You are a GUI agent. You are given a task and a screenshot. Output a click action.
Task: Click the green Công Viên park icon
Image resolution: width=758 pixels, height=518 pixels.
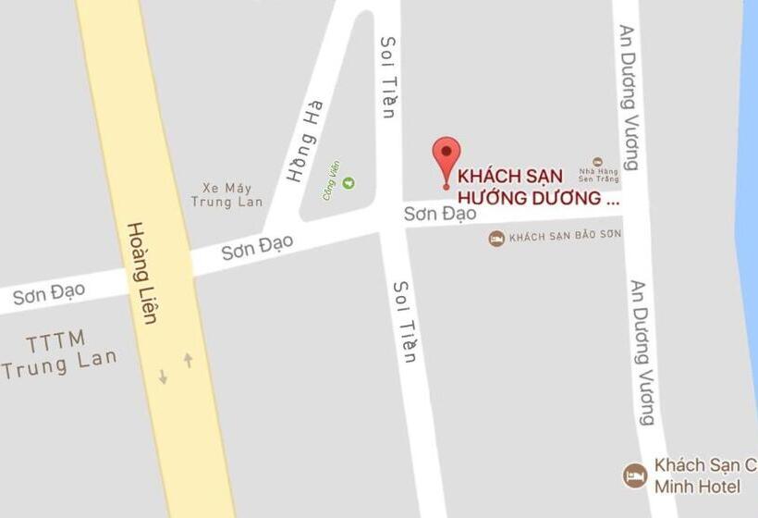(348, 182)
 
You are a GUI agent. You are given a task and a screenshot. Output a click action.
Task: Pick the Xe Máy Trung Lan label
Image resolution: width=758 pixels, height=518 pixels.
(226, 194)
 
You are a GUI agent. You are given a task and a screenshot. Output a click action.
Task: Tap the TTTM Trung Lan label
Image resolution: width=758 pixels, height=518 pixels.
(57, 352)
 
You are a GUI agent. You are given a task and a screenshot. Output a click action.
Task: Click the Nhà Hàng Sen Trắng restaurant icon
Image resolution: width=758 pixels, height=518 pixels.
(597, 163)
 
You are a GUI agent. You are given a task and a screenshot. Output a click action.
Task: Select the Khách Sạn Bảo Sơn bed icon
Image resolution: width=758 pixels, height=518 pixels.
(497, 239)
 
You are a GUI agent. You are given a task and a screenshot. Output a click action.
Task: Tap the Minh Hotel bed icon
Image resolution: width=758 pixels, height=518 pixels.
(634, 475)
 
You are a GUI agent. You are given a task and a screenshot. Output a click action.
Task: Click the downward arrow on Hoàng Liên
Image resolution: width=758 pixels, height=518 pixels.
(163, 376)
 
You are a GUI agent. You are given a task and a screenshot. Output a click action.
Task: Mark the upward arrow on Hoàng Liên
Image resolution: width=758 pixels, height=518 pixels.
(189, 360)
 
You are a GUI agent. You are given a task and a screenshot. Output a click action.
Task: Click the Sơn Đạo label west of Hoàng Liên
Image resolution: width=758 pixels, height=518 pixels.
(49, 294)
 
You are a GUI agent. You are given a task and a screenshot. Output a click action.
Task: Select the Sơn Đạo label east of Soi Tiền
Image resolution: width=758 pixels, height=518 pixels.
(440, 214)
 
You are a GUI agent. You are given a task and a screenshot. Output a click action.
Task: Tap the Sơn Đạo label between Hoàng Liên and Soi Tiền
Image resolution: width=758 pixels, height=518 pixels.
(257, 246)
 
